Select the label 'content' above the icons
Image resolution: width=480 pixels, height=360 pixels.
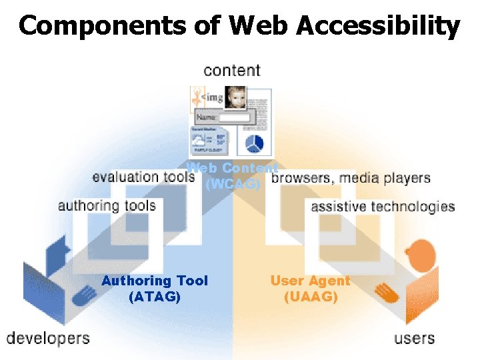tap(232, 70)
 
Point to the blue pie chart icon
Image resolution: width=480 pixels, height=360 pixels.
tap(255, 143)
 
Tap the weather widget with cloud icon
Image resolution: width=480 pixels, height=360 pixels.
tap(209, 140)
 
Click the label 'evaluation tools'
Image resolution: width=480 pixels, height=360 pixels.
tap(143, 177)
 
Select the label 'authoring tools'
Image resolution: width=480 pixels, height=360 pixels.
tap(107, 205)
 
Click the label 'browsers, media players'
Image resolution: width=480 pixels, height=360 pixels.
tap(351, 178)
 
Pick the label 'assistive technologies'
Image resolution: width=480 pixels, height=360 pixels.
tap(383, 206)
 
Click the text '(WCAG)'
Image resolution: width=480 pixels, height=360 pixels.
tap(233, 184)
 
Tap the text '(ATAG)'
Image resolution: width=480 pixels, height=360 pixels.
tap(154, 297)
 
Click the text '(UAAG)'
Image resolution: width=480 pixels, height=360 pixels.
tap(311, 297)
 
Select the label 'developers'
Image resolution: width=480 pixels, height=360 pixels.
tap(48, 338)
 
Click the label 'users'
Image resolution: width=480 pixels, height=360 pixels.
tap(414, 338)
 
